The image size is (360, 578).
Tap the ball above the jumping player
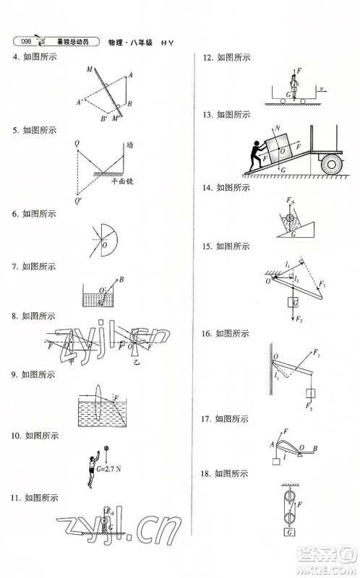107,447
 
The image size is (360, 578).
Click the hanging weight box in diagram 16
312,394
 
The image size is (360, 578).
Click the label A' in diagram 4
80,102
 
